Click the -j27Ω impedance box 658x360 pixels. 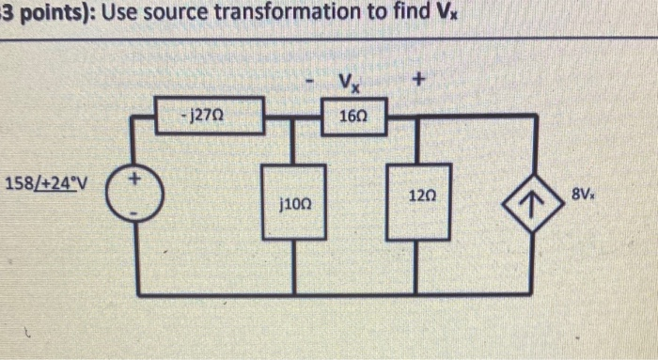point(207,118)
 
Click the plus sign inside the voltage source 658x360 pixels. point(134,177)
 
